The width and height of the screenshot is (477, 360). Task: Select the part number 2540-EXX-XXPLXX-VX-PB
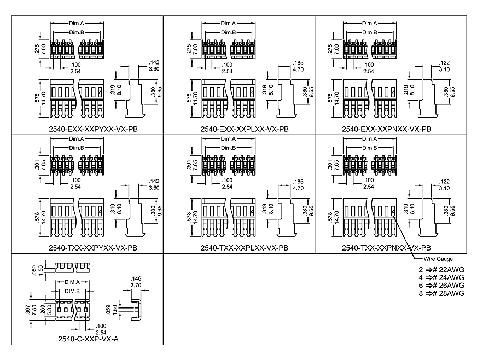coord(240,129)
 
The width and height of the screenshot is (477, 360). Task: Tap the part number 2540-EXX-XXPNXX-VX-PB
coord(387,129)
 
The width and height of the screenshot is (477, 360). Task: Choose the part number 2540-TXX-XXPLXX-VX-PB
coord(240,248)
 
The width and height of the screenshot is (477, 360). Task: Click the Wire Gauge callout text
coord(438,259)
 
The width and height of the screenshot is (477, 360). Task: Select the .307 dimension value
coord(28,309)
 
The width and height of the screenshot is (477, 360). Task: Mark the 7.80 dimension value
coord(34,309)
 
